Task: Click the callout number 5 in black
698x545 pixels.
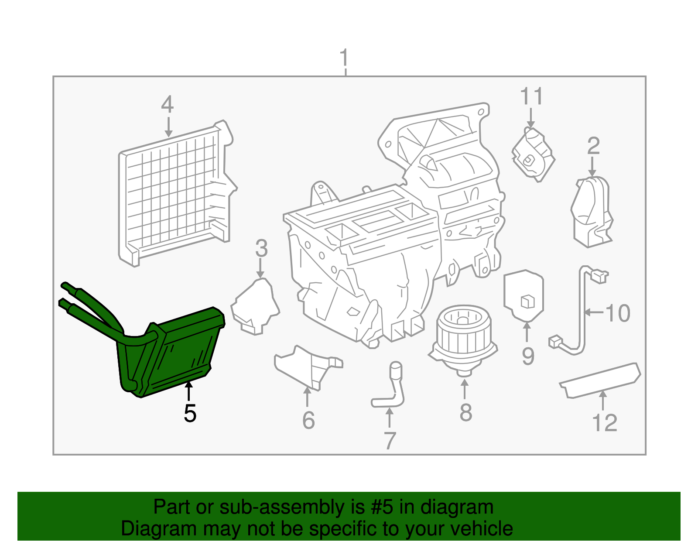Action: [190, 413]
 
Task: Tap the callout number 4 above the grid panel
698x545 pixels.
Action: [168, 105]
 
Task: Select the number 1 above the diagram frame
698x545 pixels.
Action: [344, 58]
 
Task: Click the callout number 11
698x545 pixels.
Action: [531, 96]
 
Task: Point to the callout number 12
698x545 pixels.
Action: [605, 423]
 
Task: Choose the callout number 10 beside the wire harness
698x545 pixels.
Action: [618, 313]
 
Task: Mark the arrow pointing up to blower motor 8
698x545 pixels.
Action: [465, 389]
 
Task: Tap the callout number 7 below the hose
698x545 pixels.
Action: [390, 440]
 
